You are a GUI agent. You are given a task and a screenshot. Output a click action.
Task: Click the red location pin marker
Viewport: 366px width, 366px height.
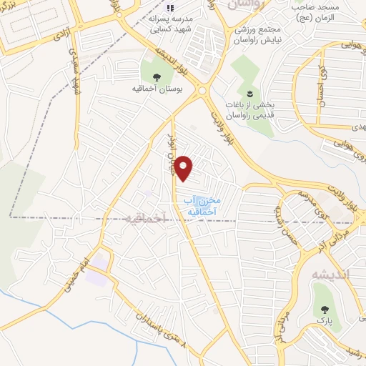point(184,169)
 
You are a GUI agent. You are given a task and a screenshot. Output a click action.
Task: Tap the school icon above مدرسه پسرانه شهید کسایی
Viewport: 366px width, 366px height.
point(160,9)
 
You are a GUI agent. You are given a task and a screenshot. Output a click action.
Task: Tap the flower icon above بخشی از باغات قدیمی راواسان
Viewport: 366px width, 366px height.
point(250,94)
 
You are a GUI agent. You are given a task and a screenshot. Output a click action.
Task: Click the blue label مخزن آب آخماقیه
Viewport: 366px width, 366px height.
point(202,207)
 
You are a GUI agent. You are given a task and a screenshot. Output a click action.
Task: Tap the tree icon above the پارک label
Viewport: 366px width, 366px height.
point(327,310)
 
